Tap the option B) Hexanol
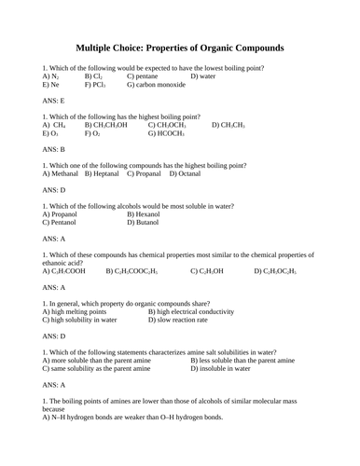[x=149, y=213]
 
